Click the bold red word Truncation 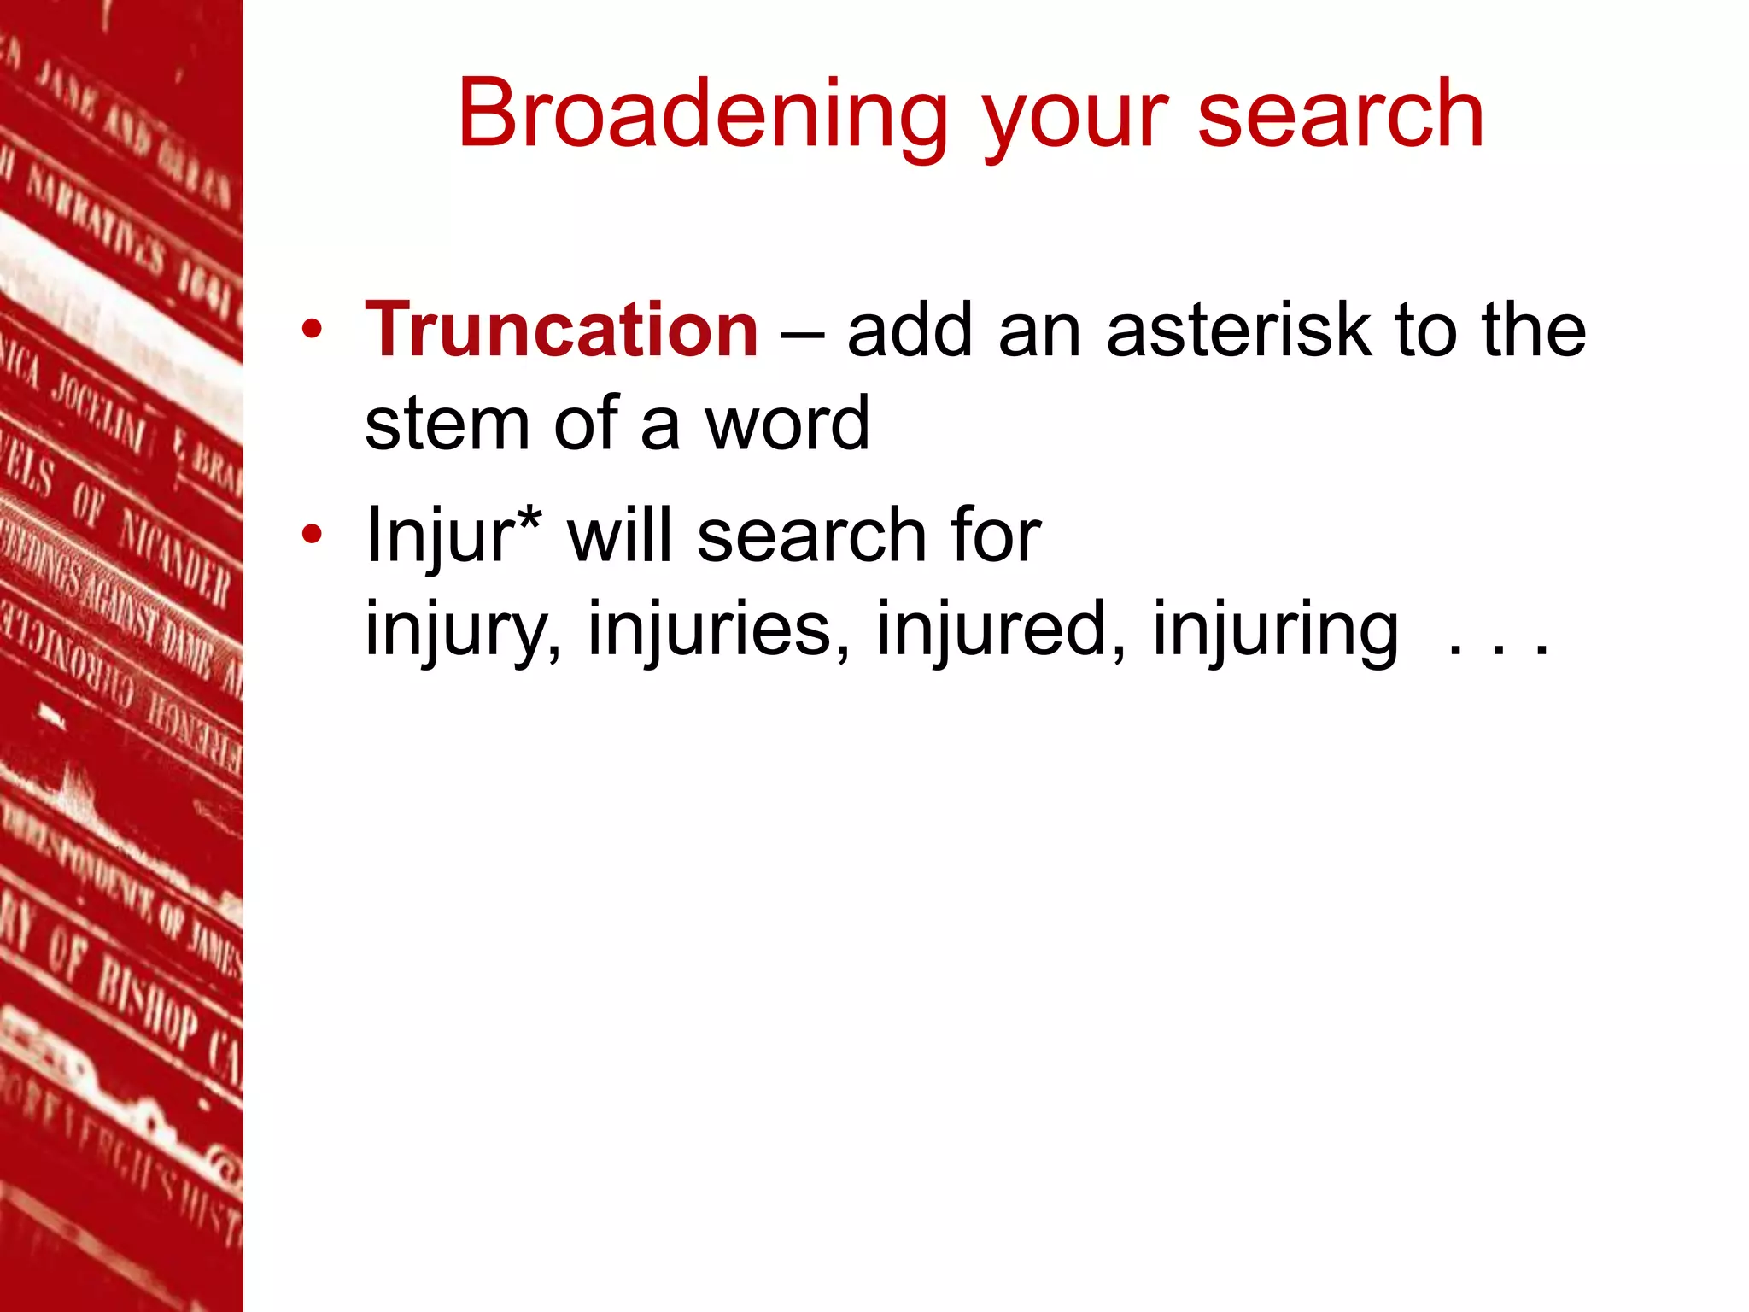(x=561, y=331)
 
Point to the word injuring (x=1276, y=630)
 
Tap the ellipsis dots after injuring (x=1499, y=649)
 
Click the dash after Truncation (x=802, y=333)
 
